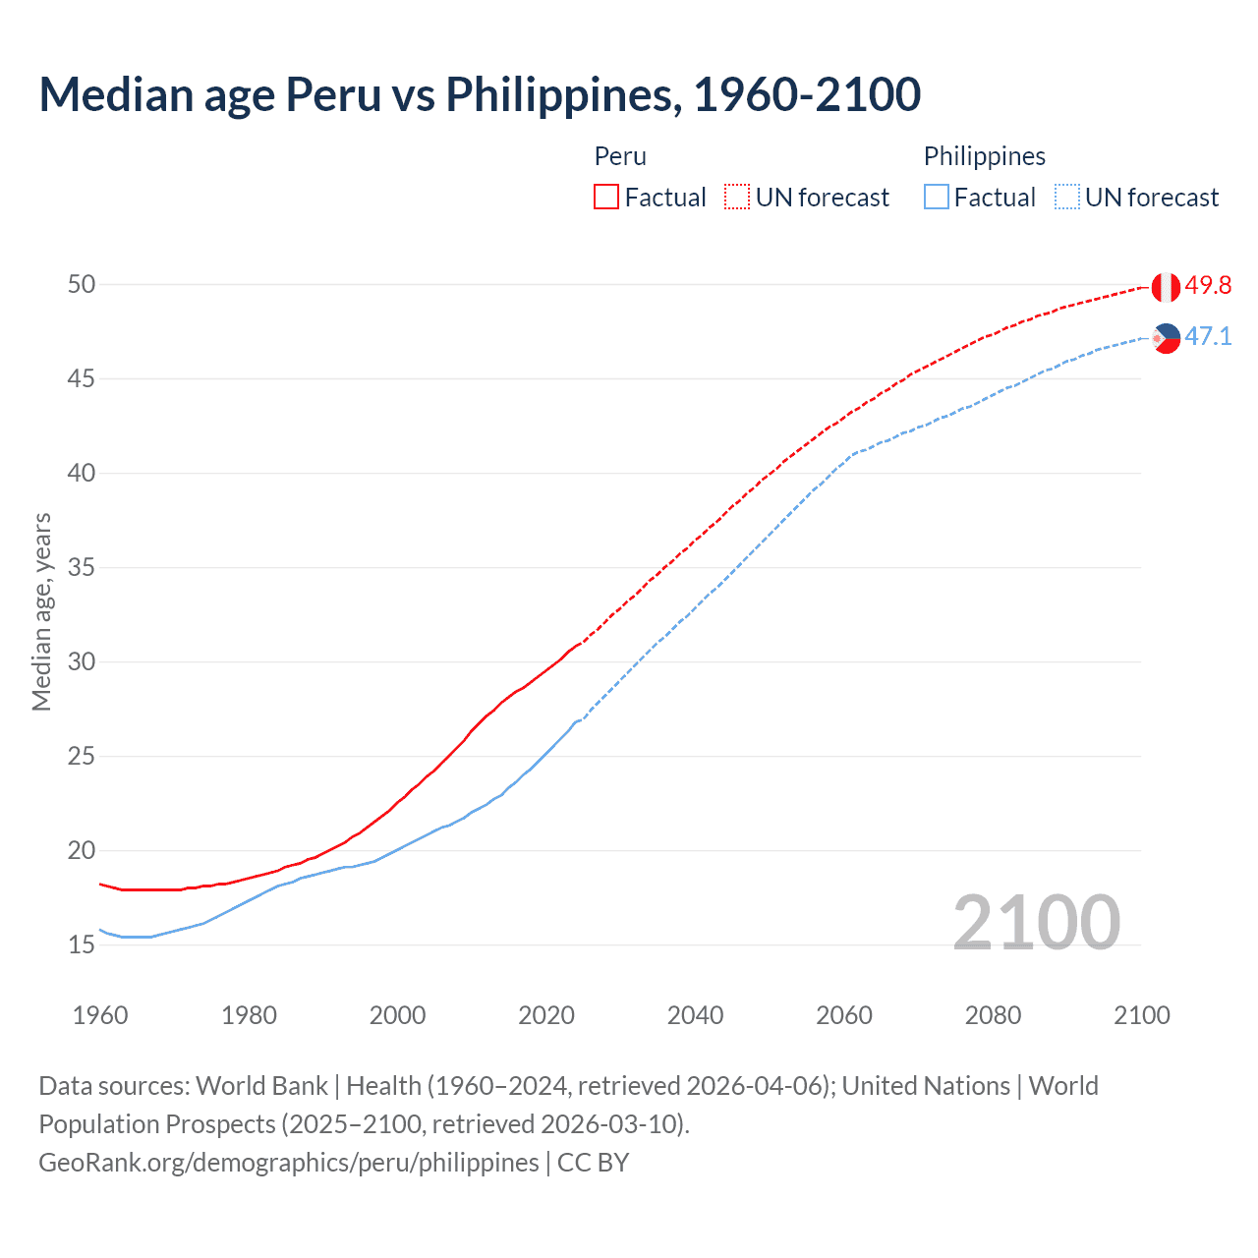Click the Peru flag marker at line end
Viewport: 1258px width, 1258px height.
1166,287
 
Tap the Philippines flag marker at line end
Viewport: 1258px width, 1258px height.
1166,338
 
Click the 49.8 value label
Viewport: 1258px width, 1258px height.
1208,286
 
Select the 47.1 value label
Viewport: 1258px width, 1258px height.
1208,337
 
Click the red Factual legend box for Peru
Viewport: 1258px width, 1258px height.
606,198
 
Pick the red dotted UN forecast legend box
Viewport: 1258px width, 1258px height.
737,198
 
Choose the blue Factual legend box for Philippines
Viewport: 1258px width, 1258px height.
937,198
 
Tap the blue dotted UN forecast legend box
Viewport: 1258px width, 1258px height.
1067,198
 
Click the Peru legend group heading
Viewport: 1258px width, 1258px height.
620,156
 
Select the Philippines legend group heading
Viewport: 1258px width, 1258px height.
984,156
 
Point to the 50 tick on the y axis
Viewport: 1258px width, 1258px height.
82,285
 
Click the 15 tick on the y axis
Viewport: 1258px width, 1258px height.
82,945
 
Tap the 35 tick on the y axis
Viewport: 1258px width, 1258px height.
82,568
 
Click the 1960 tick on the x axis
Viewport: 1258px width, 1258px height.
100,1015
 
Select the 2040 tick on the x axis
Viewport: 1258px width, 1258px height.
696,1015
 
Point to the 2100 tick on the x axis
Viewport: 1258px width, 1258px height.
1142,1015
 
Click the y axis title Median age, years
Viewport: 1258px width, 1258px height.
41,611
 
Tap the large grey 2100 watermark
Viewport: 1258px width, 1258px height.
1037,922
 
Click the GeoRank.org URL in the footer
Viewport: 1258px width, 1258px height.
288,1163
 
